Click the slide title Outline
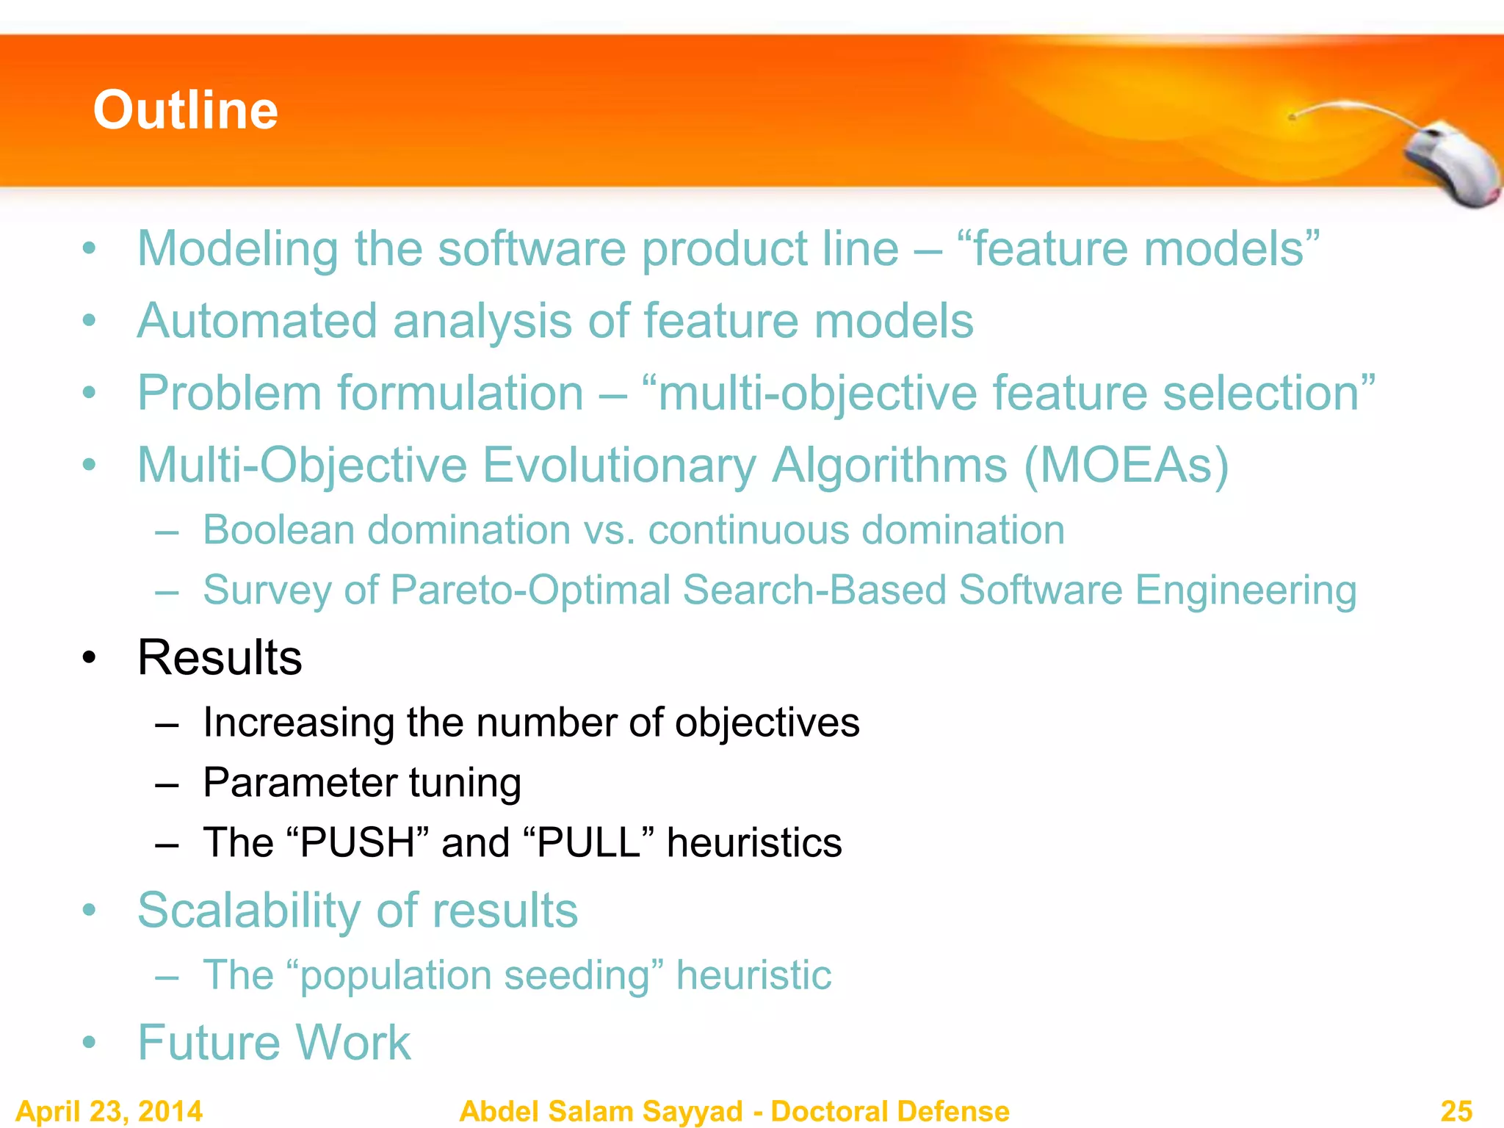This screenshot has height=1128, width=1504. tap(185, 110)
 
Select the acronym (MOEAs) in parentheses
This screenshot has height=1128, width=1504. tap(1126, 465)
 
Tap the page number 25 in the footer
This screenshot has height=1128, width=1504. tap(1456, 1110)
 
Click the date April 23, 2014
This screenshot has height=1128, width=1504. tap(109, 1110)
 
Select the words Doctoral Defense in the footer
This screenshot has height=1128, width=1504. tap(890, 1110)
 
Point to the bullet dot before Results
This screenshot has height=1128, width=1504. tap(89, 658)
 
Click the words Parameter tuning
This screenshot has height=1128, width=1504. tap(362, 782)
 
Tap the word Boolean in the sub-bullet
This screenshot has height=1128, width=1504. tap(278, 529)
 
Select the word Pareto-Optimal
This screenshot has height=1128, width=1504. tap(530, 590)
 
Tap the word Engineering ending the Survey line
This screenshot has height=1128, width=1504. tap(1245, 590)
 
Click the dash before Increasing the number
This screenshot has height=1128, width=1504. tap(167, 723)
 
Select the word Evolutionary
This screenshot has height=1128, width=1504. tap(619, 465)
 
